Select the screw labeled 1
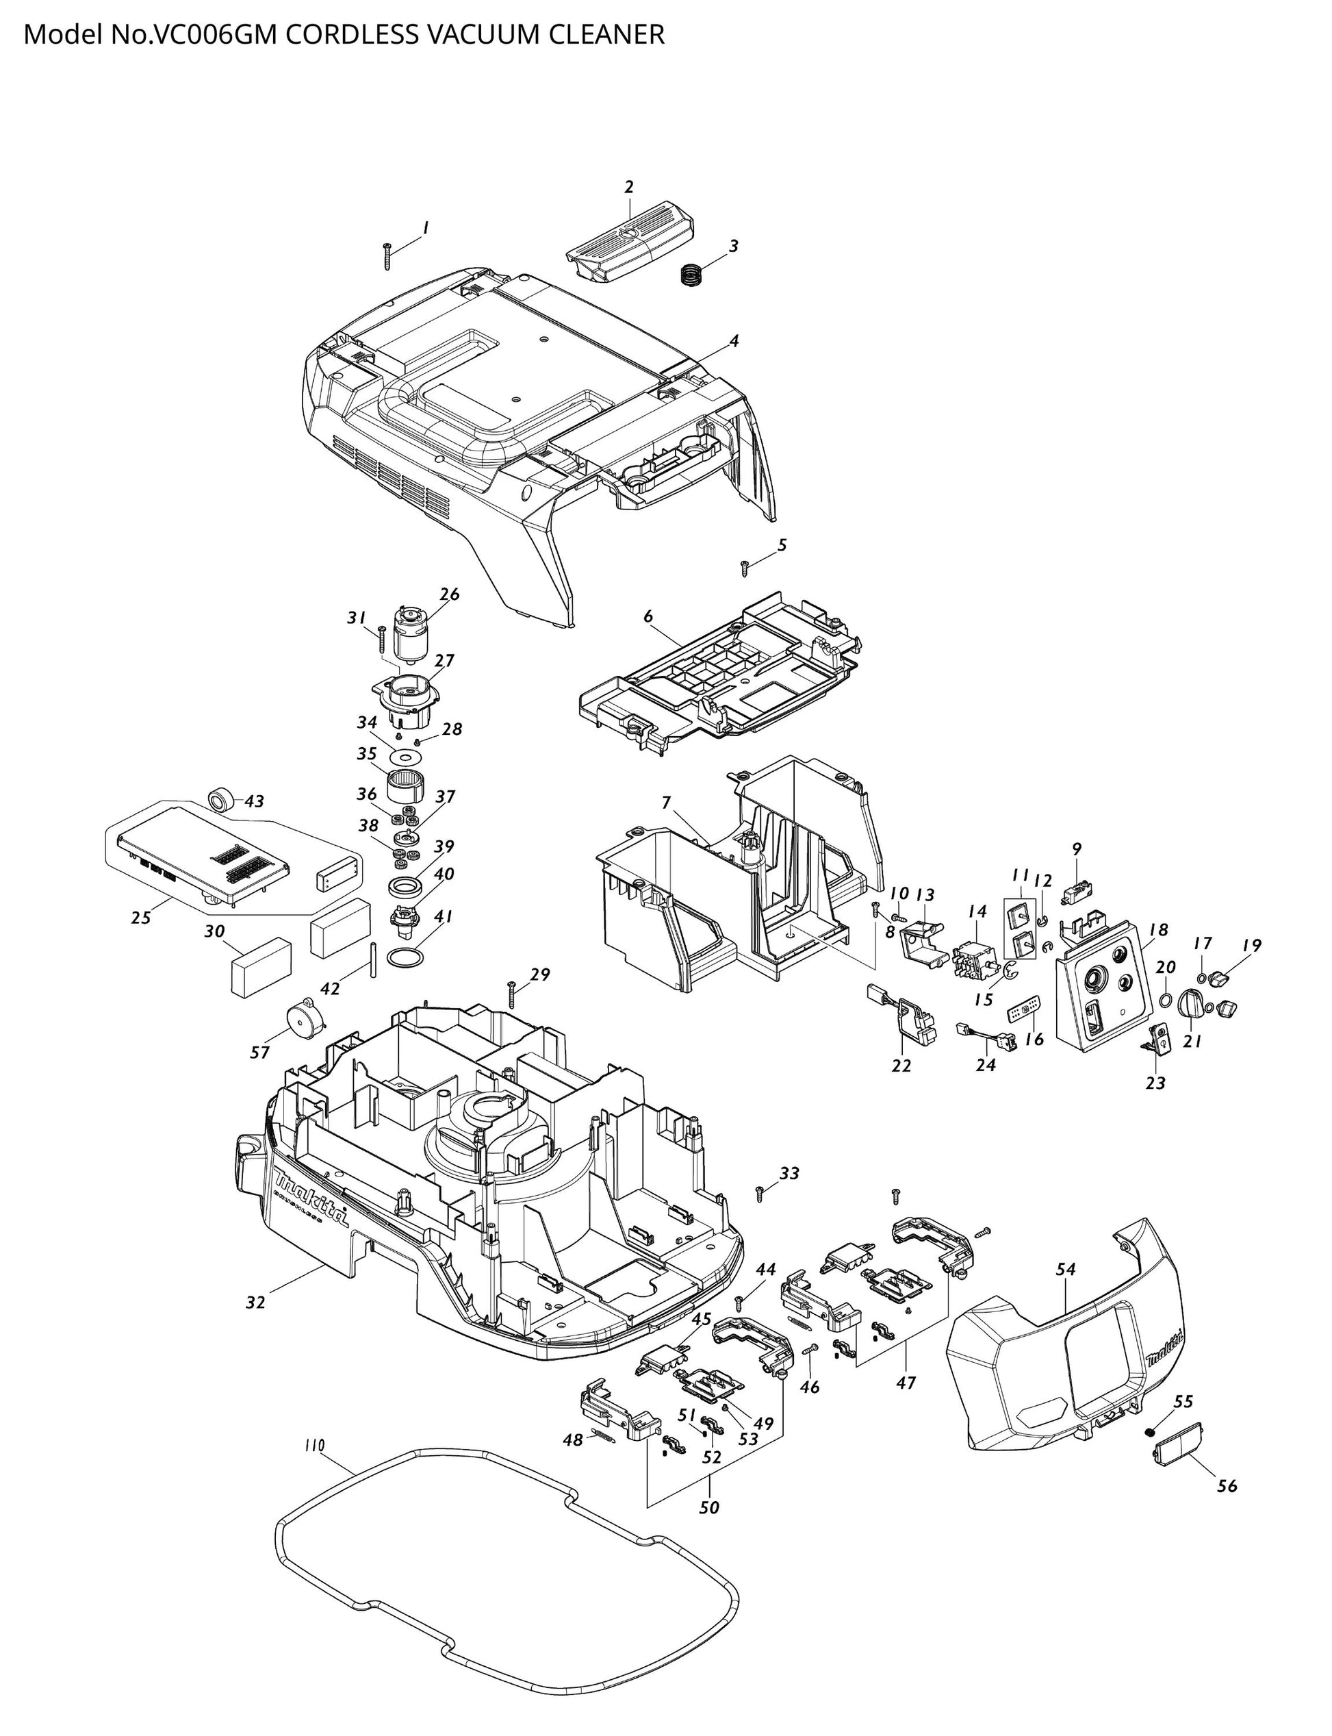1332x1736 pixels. tap(387, 256)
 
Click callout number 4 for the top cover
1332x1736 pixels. tap(734, 341)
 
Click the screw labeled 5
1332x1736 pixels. tap(745, 567)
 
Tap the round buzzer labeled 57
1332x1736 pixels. tap(304, 1016)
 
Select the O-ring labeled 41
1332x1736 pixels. tap(405, 959)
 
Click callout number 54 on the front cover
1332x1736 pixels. tap(1066, 1269)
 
